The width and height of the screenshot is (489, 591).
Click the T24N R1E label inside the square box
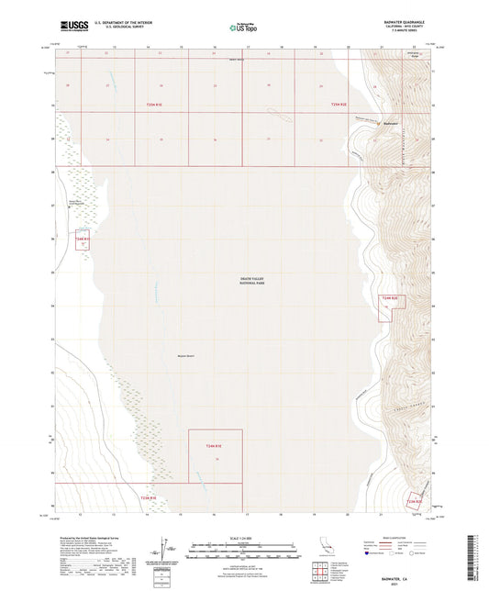point(215,445)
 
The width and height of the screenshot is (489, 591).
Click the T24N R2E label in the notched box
point(390,298)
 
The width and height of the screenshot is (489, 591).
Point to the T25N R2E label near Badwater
point(339,106)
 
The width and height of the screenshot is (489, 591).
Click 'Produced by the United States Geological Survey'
point(92,538)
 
